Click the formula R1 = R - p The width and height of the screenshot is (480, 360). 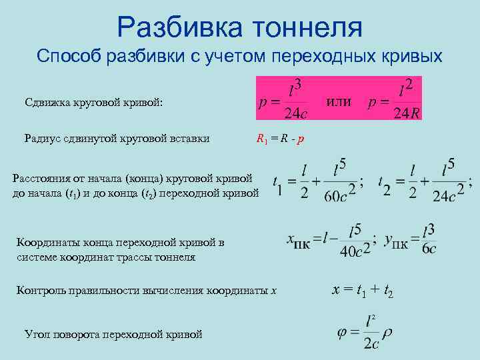[281, 139]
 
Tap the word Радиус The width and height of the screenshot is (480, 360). [44, 139]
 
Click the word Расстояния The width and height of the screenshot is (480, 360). [45, 179]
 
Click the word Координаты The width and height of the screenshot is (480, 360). [50, 243]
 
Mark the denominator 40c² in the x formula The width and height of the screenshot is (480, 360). [351, 251]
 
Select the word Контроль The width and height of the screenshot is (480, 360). [45, 290]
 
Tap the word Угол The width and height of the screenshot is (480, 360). [37, 333]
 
